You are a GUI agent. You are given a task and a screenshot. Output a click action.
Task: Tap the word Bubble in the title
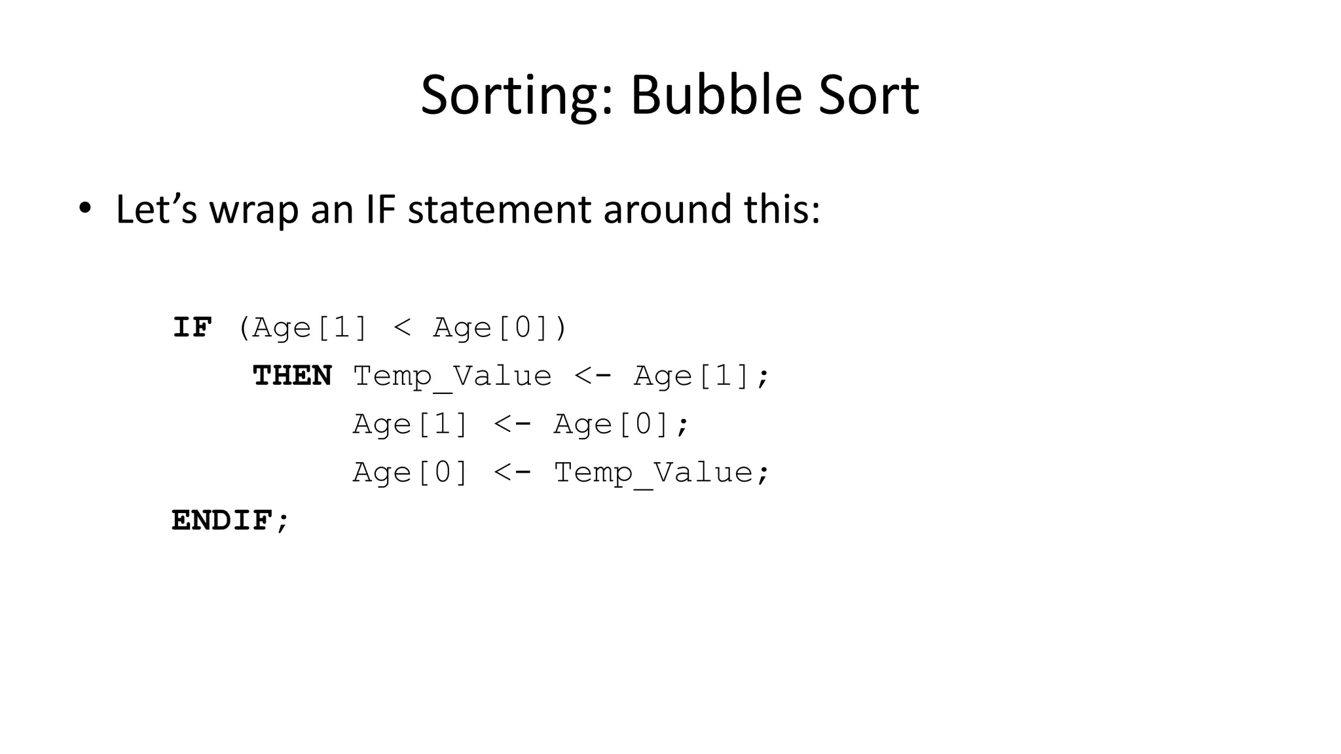tap(716, 95)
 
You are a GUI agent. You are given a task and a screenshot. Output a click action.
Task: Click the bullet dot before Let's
tap(84, 209)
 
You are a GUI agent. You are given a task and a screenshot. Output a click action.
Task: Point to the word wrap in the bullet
tap(253, 211)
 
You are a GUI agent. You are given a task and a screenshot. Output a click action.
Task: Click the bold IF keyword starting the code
tap(193, 327)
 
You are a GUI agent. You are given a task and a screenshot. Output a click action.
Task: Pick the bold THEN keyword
tap(293, 376)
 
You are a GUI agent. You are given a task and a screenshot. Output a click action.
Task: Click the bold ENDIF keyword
tap(222, 521)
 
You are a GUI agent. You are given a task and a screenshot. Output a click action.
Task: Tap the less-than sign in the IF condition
tap(402, 327)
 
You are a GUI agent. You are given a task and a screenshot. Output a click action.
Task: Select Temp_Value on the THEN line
tap(452, 376)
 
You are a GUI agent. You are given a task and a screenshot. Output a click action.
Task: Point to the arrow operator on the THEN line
tap(593, 376)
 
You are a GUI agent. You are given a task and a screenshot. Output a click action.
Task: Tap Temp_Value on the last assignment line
tap(653, 473)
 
